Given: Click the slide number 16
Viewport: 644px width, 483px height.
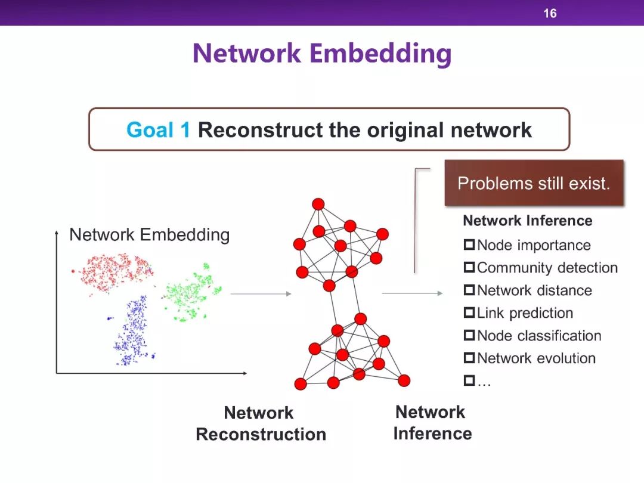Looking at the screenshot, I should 550,13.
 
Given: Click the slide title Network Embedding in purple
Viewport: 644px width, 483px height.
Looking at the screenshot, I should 322,53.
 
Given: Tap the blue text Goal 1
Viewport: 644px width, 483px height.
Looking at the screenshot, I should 159,129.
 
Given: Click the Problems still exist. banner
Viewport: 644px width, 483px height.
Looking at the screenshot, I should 534,183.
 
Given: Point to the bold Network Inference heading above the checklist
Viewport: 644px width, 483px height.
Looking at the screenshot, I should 528,221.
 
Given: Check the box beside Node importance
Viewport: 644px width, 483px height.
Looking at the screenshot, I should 469,245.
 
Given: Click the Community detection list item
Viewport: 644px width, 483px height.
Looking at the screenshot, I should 547,268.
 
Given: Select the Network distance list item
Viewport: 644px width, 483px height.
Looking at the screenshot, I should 534,290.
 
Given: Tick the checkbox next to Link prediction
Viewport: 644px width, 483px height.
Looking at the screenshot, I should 469,313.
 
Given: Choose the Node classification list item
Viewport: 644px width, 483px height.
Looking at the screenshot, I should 539,336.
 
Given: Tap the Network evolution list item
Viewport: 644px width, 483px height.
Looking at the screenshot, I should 536,358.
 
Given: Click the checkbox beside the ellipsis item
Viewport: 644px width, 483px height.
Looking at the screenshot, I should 469,380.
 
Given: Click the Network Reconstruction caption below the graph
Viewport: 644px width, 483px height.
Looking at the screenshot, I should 261,423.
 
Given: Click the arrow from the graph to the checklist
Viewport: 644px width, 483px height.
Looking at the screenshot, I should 412,293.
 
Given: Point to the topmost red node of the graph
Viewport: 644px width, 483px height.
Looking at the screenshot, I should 318,204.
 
